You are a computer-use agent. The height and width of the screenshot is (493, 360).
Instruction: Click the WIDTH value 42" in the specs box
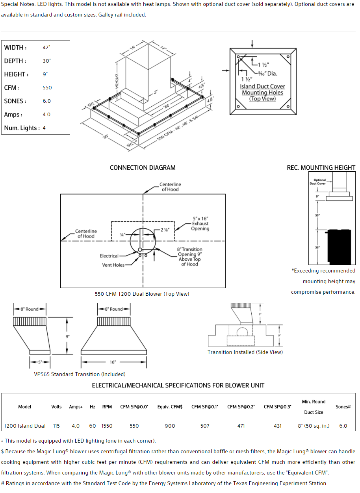46,48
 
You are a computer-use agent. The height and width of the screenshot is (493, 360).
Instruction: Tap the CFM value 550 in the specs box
47,88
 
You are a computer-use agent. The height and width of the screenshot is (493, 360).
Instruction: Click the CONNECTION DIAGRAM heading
143,168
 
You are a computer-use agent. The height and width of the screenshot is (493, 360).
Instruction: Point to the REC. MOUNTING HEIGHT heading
321,168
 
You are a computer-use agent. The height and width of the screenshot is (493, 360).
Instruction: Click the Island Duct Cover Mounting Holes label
262,93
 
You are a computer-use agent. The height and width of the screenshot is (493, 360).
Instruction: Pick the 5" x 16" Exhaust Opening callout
200,224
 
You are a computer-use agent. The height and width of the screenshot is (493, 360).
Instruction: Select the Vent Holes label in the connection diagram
113,265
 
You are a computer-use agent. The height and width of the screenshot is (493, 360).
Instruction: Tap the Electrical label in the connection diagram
109,256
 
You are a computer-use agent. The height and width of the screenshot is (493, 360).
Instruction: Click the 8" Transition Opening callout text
189,257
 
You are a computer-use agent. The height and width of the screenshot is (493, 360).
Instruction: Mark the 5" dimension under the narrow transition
40,362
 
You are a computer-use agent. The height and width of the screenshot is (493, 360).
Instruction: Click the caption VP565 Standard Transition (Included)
80,374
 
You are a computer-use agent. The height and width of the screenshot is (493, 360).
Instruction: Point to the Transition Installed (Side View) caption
245,352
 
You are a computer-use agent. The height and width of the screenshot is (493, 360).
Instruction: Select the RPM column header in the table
107,407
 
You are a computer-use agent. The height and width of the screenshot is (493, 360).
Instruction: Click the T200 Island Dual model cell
24,426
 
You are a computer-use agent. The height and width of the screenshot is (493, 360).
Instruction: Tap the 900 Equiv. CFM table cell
170,426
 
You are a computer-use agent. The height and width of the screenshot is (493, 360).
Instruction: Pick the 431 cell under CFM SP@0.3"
278,426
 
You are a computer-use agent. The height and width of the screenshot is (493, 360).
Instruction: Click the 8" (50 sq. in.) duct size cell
314,426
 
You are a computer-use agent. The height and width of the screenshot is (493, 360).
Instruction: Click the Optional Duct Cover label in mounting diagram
317,182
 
